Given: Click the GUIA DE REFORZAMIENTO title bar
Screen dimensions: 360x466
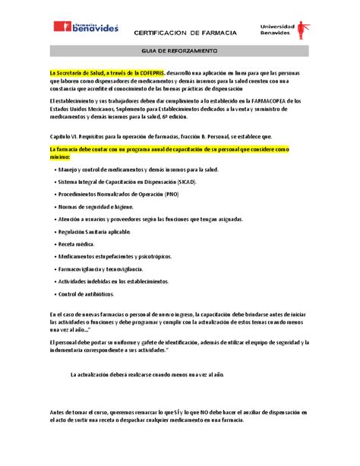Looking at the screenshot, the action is pos(179,50).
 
